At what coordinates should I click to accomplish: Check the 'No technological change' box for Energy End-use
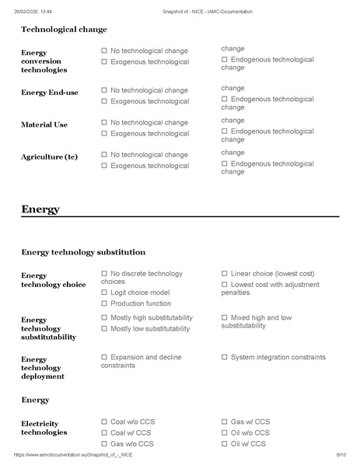[x=104, y=90]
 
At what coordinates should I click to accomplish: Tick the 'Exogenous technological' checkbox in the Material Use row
[x=104, y=134]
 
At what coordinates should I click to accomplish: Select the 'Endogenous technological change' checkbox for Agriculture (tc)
[x=225, y=163]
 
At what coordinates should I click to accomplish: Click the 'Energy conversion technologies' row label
[x=44, y=61]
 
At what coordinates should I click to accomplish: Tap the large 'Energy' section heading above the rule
[x=40, y=209]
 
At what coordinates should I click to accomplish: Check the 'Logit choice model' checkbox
[x=104, y=293]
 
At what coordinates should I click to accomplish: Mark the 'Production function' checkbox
[x=104, y=304]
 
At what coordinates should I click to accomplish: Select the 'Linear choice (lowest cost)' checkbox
[x=225, y=274]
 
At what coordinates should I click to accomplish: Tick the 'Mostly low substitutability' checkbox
[x=104, y=329]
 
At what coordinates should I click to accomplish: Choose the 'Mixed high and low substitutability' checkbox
[x=225, y=318]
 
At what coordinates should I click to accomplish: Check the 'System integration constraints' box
[x=225, y=357]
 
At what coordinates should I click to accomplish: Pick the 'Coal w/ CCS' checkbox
[x=104, y=433]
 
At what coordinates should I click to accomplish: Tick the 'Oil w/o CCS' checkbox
[x=225, y=433]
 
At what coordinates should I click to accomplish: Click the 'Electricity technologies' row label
[x=44, y=427]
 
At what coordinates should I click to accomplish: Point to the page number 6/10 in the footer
[x=341, y=455]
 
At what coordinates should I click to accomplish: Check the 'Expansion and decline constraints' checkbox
[x=104, y=357]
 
